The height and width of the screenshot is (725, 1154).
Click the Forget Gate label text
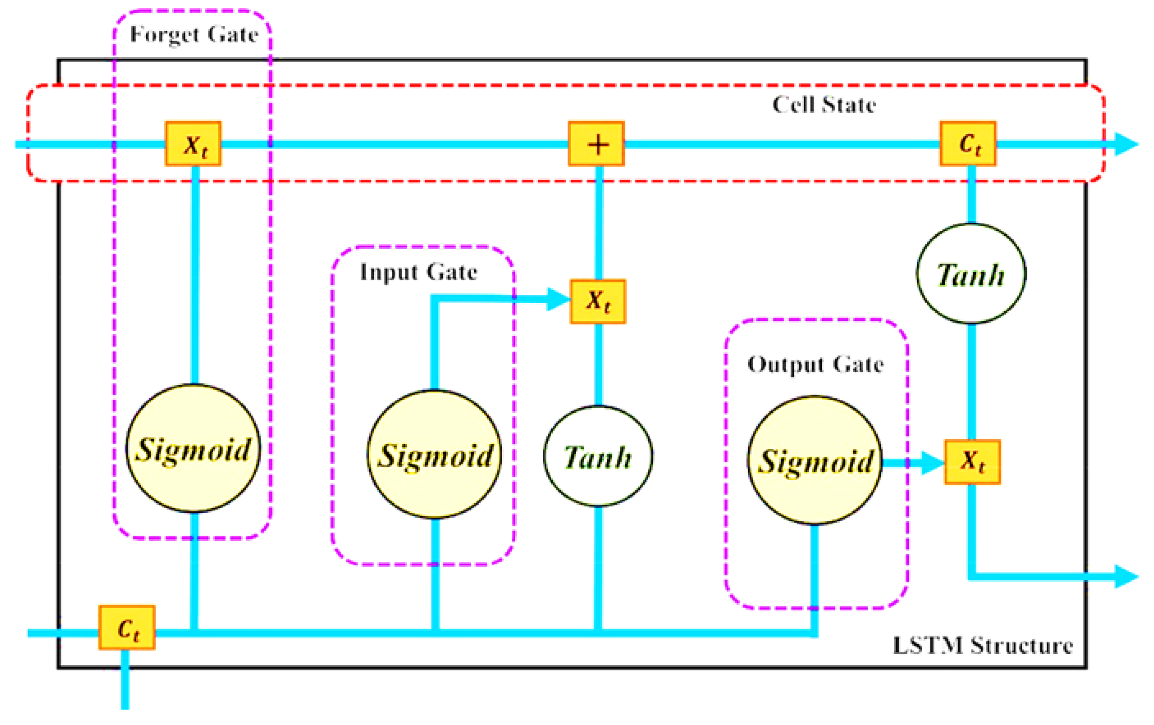click(194, 35)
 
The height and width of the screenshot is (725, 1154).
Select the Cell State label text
click(824, 105)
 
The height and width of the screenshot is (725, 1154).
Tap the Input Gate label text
click(418, 272)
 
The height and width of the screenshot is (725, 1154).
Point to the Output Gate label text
click(815, 365)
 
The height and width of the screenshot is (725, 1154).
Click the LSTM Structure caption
click(983, 646)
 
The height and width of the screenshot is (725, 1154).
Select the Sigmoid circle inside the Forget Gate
click(193, 448)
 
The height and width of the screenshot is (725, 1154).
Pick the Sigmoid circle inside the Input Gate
click(434, 455)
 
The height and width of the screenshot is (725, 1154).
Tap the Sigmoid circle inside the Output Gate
click(815, 460)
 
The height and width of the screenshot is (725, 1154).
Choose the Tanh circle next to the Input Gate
click(598, 456)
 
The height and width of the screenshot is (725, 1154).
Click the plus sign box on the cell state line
click(596, 144)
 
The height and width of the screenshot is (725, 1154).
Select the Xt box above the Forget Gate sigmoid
click(194, 144)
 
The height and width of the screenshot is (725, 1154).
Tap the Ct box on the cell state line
click(968, 144)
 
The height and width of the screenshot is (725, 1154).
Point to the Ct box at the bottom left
click(127, 628)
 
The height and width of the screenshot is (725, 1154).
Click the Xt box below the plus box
click(597, 302)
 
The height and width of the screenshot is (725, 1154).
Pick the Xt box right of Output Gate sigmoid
click(972, 462)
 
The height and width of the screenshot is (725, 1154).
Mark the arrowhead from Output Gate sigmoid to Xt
click(932, 463)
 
